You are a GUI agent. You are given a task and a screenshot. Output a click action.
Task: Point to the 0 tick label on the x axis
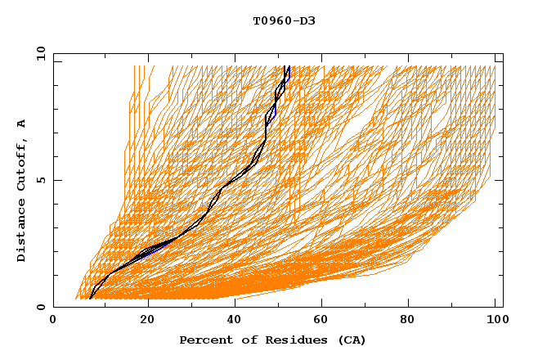tap(53, 320)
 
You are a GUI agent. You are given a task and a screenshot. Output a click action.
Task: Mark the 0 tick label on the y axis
tap(41, 307)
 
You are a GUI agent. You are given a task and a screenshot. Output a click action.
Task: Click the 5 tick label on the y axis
tap(41, 180)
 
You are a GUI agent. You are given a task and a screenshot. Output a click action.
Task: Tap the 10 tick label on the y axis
tap(38, 53)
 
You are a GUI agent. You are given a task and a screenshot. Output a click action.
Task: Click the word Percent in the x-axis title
tap(204, 340)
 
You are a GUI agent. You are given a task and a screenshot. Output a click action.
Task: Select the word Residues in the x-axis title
tap(286, 340)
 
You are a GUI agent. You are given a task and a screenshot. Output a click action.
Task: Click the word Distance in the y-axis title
tap(21, 232)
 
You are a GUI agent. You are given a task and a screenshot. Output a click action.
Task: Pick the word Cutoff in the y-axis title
tap(21, 163)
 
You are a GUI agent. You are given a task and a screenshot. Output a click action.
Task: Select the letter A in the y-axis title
tap(21, 124)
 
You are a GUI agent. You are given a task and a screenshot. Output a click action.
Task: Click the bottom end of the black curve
tap(90, 299)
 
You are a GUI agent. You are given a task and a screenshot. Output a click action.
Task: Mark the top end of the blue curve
tap(289, 67)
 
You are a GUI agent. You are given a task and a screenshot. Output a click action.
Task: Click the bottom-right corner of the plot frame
tap(503, 307)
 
